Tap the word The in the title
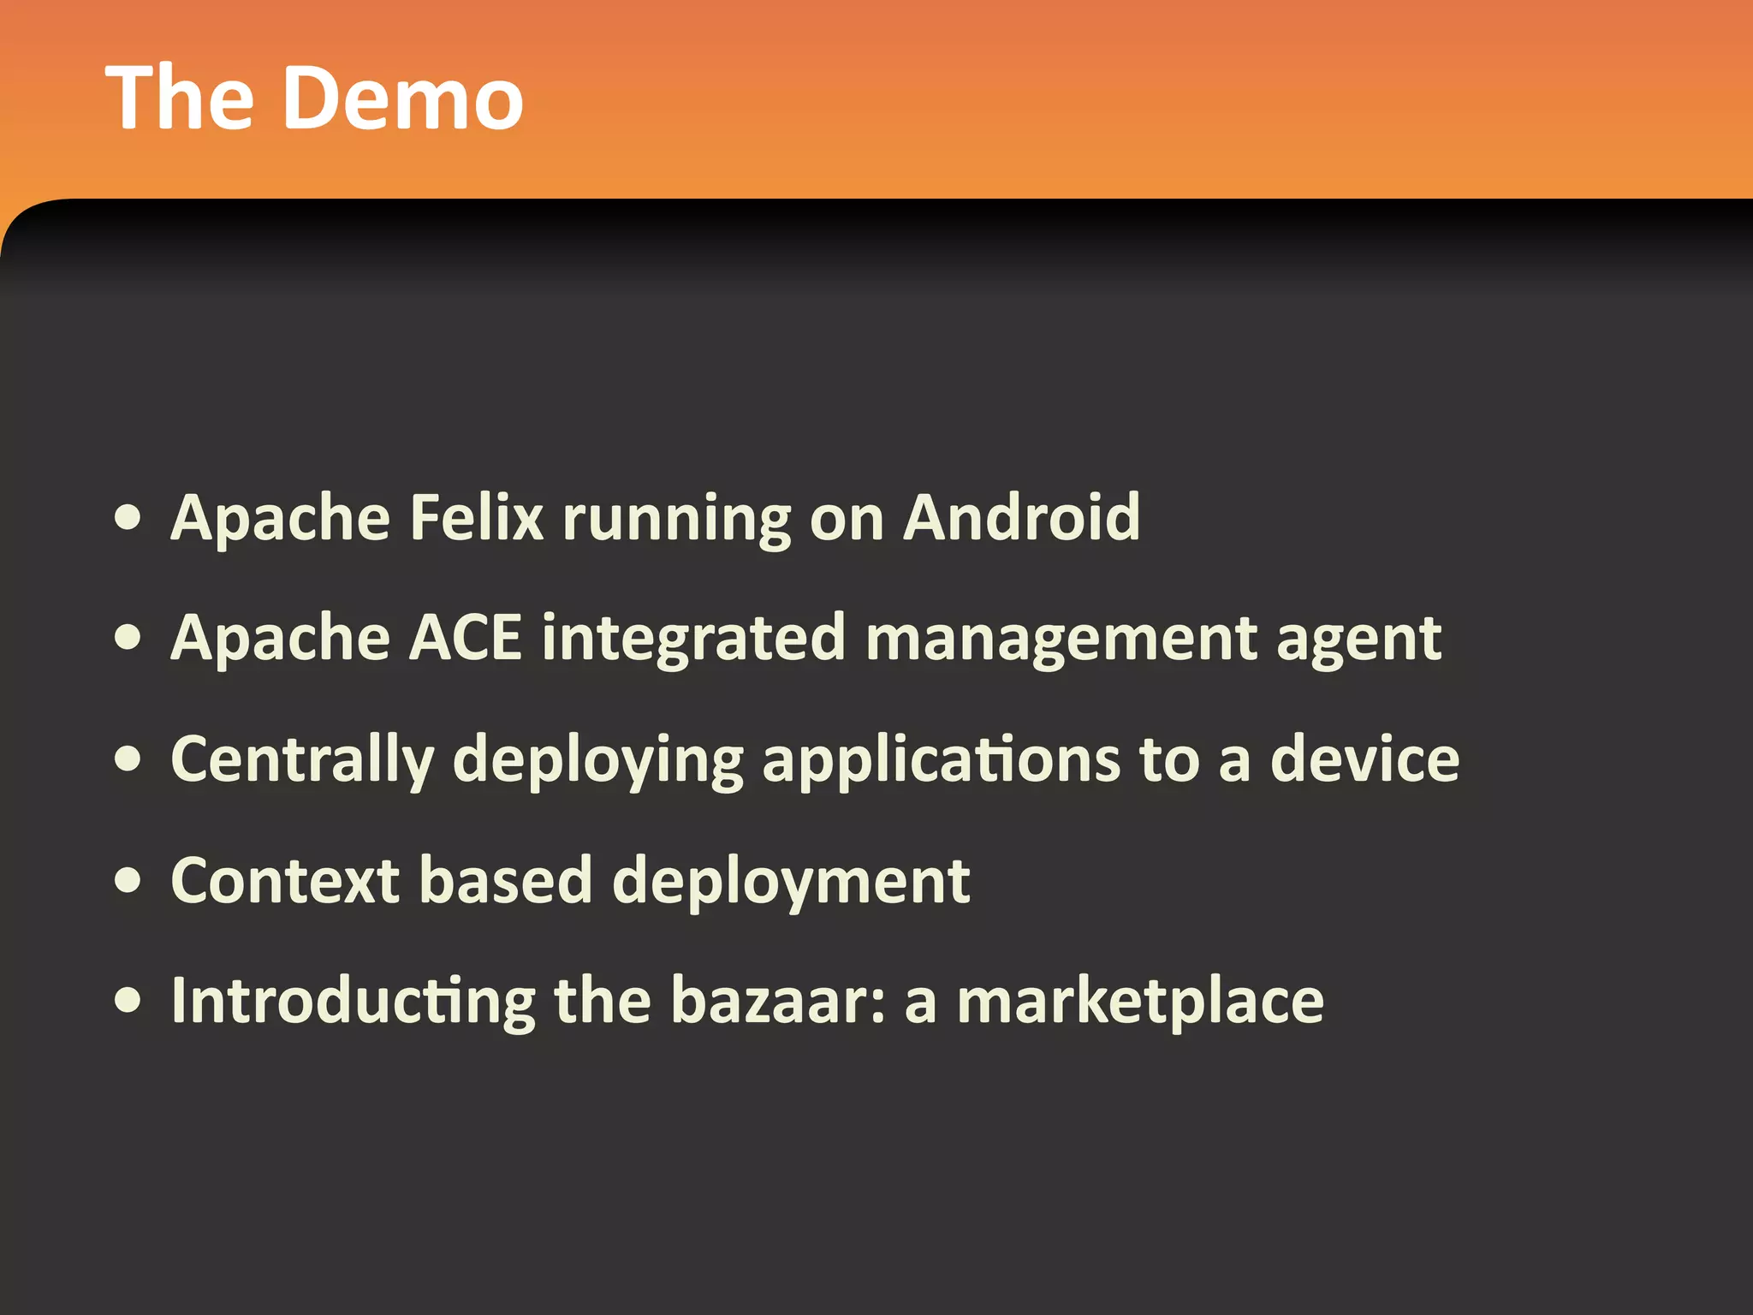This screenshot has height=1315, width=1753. click(x=180, y=98)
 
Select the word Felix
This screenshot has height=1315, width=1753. click(x=477, y=518)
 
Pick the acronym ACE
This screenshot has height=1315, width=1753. click(x=466, y=638)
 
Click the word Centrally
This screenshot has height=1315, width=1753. click(x=303, y=760)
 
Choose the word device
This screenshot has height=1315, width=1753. click(x=1364, y=759)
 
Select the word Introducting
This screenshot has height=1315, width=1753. click(x=354, y=1002)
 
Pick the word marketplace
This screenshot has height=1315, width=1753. click(x=1140, y=1002)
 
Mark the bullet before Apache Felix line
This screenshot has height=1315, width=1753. click(x=128, y=518)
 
